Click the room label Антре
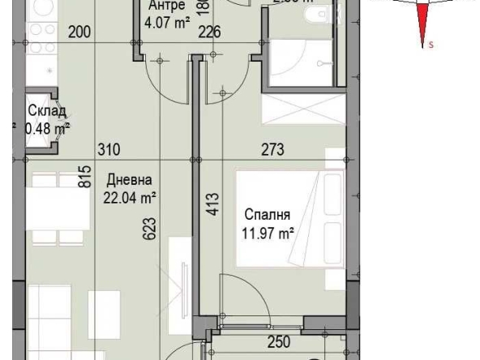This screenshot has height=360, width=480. point(167,5)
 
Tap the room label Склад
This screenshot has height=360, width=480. point(46,112)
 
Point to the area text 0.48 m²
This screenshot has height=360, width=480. point(46,127)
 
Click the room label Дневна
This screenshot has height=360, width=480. point(129,181)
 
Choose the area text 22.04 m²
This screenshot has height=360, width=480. point(130,196)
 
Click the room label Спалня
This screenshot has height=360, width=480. point(267,216)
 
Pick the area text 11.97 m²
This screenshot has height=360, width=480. point(268,234)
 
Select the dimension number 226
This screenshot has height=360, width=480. point(210,33)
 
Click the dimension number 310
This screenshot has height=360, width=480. point(108,150)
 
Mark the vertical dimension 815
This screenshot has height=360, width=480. point(84,178)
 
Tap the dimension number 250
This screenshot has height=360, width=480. point(279,343)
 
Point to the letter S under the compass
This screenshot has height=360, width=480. point(431,45)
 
